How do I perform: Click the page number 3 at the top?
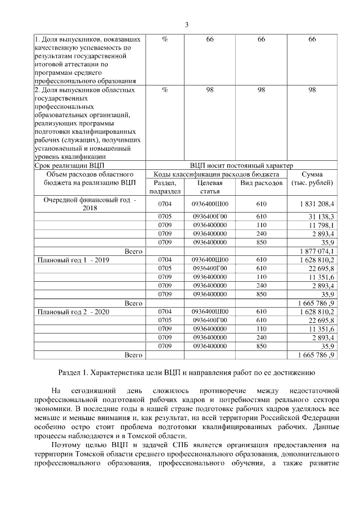[x=186, y=24]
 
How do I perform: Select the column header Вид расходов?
[x=261, y=183]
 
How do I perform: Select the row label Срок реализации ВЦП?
[x=69, y=166]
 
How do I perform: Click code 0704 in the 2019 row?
[x=164, y=260]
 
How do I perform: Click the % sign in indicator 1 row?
[x=164, y=39]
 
